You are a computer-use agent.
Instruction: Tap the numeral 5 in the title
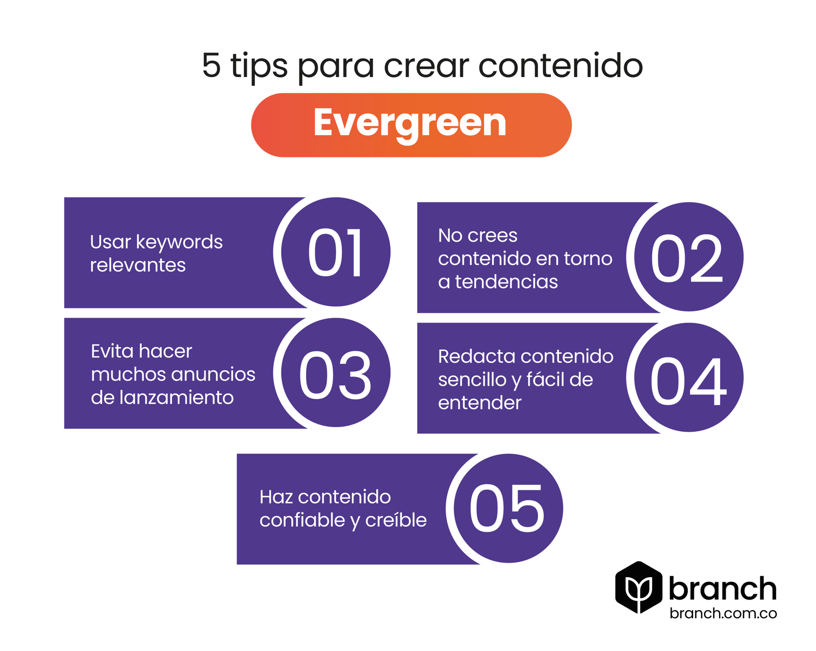[211, 65]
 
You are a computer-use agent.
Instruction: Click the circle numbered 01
[336, 252]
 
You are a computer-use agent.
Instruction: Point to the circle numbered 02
[688, 257]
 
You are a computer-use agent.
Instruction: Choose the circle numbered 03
[336, 372]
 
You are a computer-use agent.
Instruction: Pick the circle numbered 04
[688, 377]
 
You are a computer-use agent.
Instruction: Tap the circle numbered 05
[508, 508]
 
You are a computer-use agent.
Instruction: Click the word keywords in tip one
[180, 243]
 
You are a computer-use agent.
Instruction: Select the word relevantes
[138, 265]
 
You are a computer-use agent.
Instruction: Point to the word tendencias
[506, 282]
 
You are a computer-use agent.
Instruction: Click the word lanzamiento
[176, 397]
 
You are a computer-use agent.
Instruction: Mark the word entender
[480, 403]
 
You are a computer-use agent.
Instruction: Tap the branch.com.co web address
[723, 613]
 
